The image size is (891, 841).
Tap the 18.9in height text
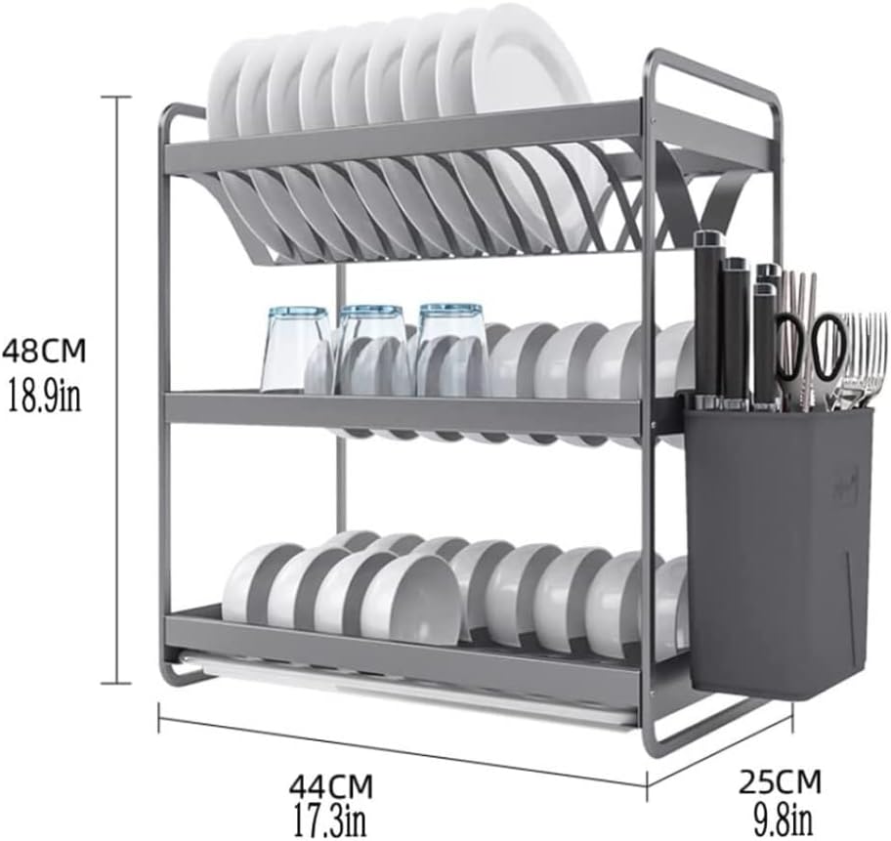[x=44, y=399]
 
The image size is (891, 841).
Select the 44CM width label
[x=330, y=784]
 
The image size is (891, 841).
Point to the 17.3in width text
[x=330, y=816]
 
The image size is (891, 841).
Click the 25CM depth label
[x=779, y=781]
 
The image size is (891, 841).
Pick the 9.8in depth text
[x=779, y=814]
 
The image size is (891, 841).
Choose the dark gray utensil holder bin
[x=777, y=547]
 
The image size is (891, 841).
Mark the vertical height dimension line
[x=118, y=391]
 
